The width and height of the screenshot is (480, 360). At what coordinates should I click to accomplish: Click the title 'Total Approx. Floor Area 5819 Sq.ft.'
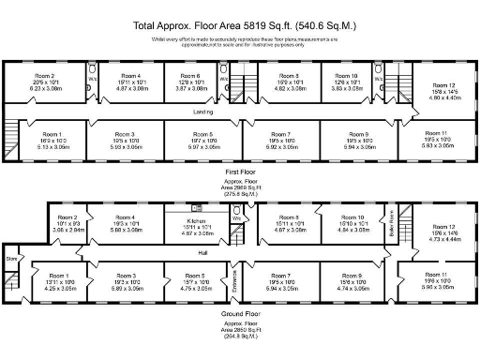tap(240, 26)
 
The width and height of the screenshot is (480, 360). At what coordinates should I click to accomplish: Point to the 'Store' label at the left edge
tap(12, 258)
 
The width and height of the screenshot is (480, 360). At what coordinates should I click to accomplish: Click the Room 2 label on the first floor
tap(45, 75)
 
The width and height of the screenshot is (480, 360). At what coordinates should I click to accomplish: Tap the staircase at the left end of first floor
tap(12, 136)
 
